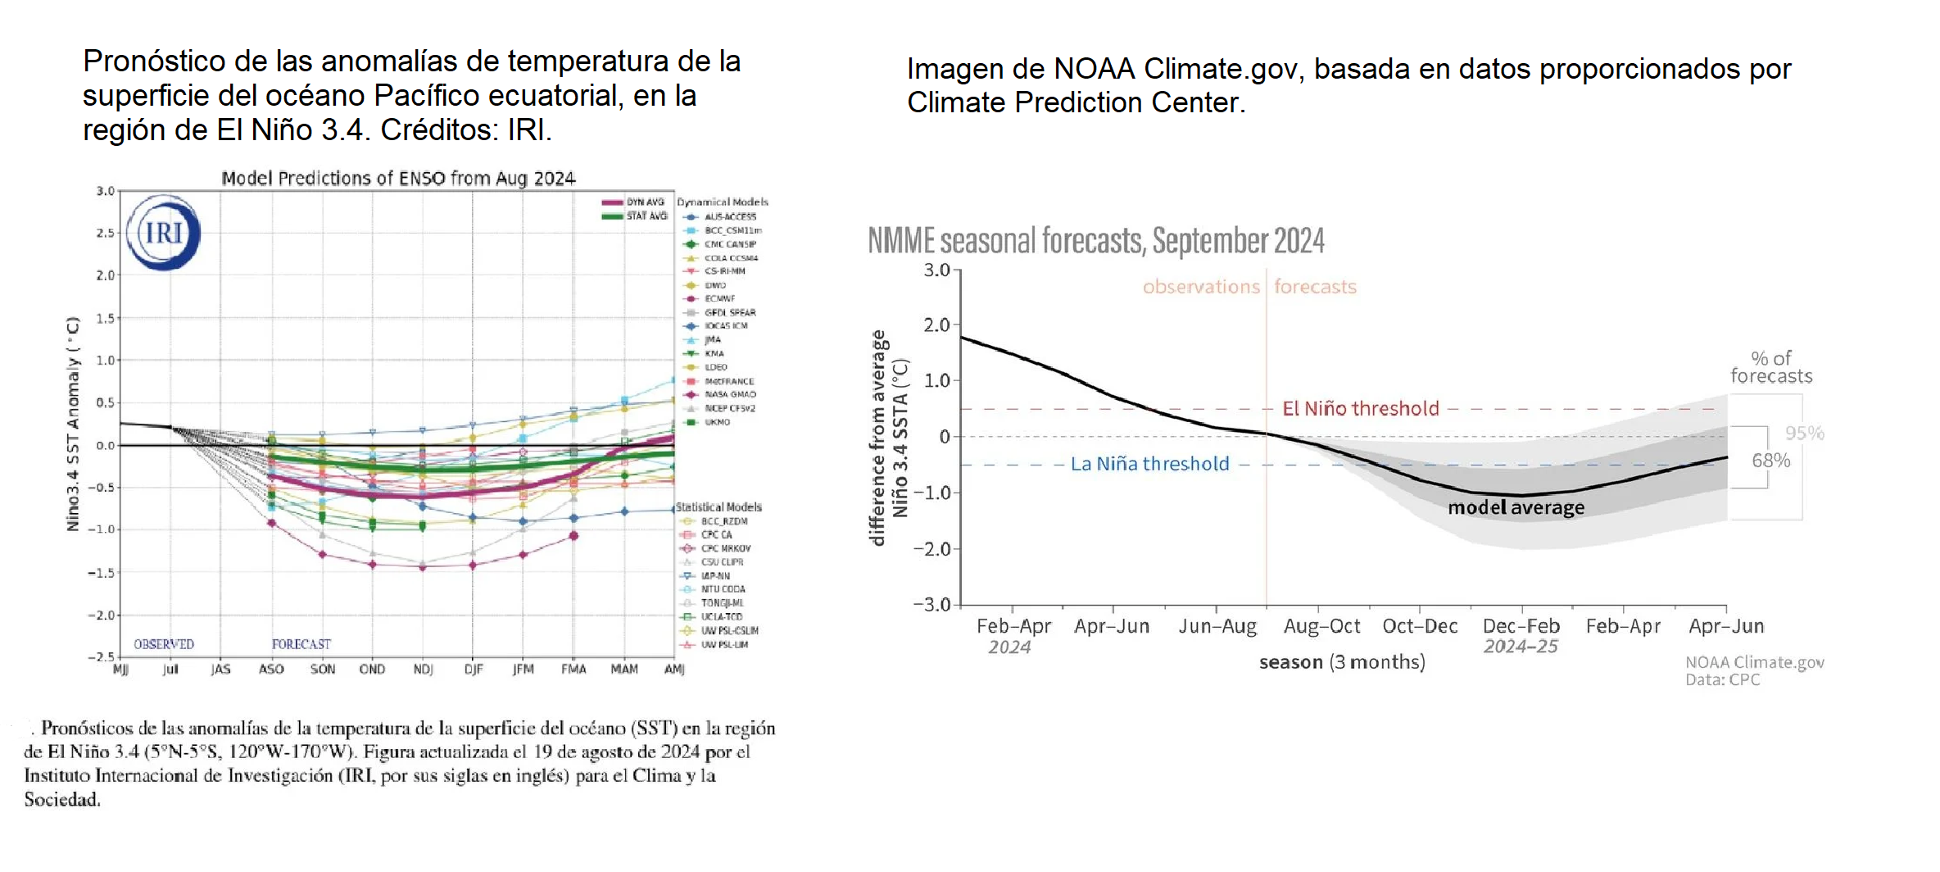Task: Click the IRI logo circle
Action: tap(164, 233)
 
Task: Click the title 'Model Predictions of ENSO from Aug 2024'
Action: tap(398, 179)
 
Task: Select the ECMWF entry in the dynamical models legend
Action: tap(719, 298)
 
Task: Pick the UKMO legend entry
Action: tap(717, 422)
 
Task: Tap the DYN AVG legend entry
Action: tap(645, 202)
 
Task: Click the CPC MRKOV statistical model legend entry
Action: tap(725, 548)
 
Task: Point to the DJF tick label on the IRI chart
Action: tap(473, 670)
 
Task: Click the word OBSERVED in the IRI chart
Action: tap(164, 644)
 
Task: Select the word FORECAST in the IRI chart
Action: tap(301, 644)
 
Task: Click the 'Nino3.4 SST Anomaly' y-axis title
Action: tap(74, 424)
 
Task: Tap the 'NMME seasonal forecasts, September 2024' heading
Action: tap(1095, 241)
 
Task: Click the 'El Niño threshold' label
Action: tap(1360, 408)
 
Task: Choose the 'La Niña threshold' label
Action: tap(1149, 464)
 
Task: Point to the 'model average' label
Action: tap(1516, 507)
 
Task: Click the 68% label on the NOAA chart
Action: tap(1770, 461)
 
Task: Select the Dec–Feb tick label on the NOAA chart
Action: tap(1521, 626)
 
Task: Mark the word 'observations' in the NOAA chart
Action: tap(1201, 287)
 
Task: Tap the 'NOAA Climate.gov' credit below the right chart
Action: tap(1754, 662)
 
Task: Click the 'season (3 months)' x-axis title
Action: tap(1342, 662)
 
